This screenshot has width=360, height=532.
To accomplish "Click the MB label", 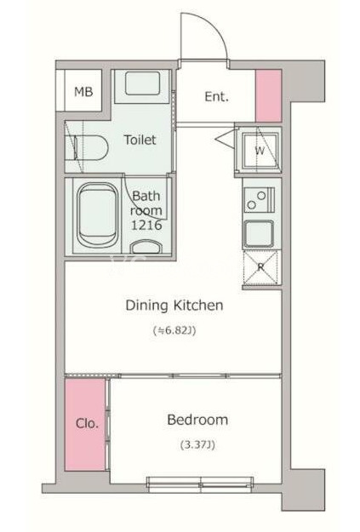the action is [83, 92].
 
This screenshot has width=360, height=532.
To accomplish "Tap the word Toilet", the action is [140, 140].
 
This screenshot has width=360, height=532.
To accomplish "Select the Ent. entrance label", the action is [216, 97].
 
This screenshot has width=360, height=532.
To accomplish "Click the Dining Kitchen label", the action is [174, 306].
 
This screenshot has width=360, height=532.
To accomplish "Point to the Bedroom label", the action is [197, 420].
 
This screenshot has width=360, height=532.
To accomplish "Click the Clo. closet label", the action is [87, 423].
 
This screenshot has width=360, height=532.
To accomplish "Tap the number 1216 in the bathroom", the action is [146, 226].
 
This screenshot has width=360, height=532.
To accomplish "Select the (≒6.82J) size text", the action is [174, 330].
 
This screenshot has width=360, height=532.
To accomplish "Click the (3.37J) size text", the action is [197, 444].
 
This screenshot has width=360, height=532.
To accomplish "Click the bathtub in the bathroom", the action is [98, 215].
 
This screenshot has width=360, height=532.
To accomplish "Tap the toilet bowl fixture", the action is [90, 148].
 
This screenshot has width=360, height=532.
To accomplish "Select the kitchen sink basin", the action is [259, 234].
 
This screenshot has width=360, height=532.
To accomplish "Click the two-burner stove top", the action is [259, 200].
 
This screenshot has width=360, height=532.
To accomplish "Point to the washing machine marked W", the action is [260, 151].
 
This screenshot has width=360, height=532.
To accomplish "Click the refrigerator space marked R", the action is [260, 267].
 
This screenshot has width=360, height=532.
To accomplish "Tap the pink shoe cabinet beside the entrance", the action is [268, 95].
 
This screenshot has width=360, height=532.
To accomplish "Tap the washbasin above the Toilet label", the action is [142, 83].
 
